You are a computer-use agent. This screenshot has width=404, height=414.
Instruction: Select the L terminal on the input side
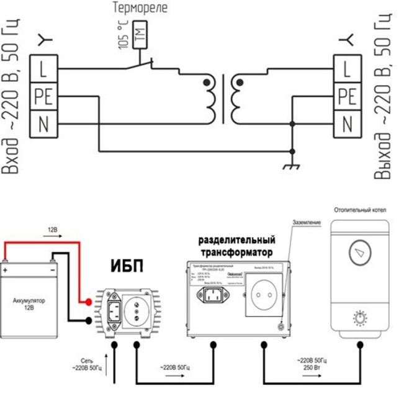43,68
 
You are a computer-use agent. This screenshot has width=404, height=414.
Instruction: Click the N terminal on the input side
43,124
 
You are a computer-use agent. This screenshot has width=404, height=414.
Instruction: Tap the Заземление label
307,222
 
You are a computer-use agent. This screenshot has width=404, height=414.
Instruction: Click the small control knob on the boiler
359,317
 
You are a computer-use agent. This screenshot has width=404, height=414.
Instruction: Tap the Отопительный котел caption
359,210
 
